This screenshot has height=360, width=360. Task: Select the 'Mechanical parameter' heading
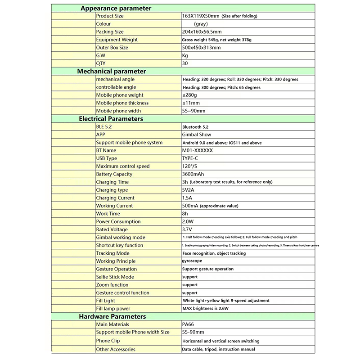112,71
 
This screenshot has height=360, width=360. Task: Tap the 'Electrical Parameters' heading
111,119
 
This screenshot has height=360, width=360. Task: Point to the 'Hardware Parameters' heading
112,316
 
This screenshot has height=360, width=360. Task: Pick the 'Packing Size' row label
110,32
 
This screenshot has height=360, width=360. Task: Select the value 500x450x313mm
201,48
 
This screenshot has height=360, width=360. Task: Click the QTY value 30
184,63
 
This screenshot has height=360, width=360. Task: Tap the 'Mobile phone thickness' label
122,103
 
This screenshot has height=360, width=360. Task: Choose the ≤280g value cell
189,95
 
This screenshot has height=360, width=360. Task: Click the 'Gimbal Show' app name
196,135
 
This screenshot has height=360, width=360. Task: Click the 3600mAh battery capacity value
193,174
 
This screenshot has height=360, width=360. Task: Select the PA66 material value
188,324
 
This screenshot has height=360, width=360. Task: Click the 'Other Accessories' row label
116,349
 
